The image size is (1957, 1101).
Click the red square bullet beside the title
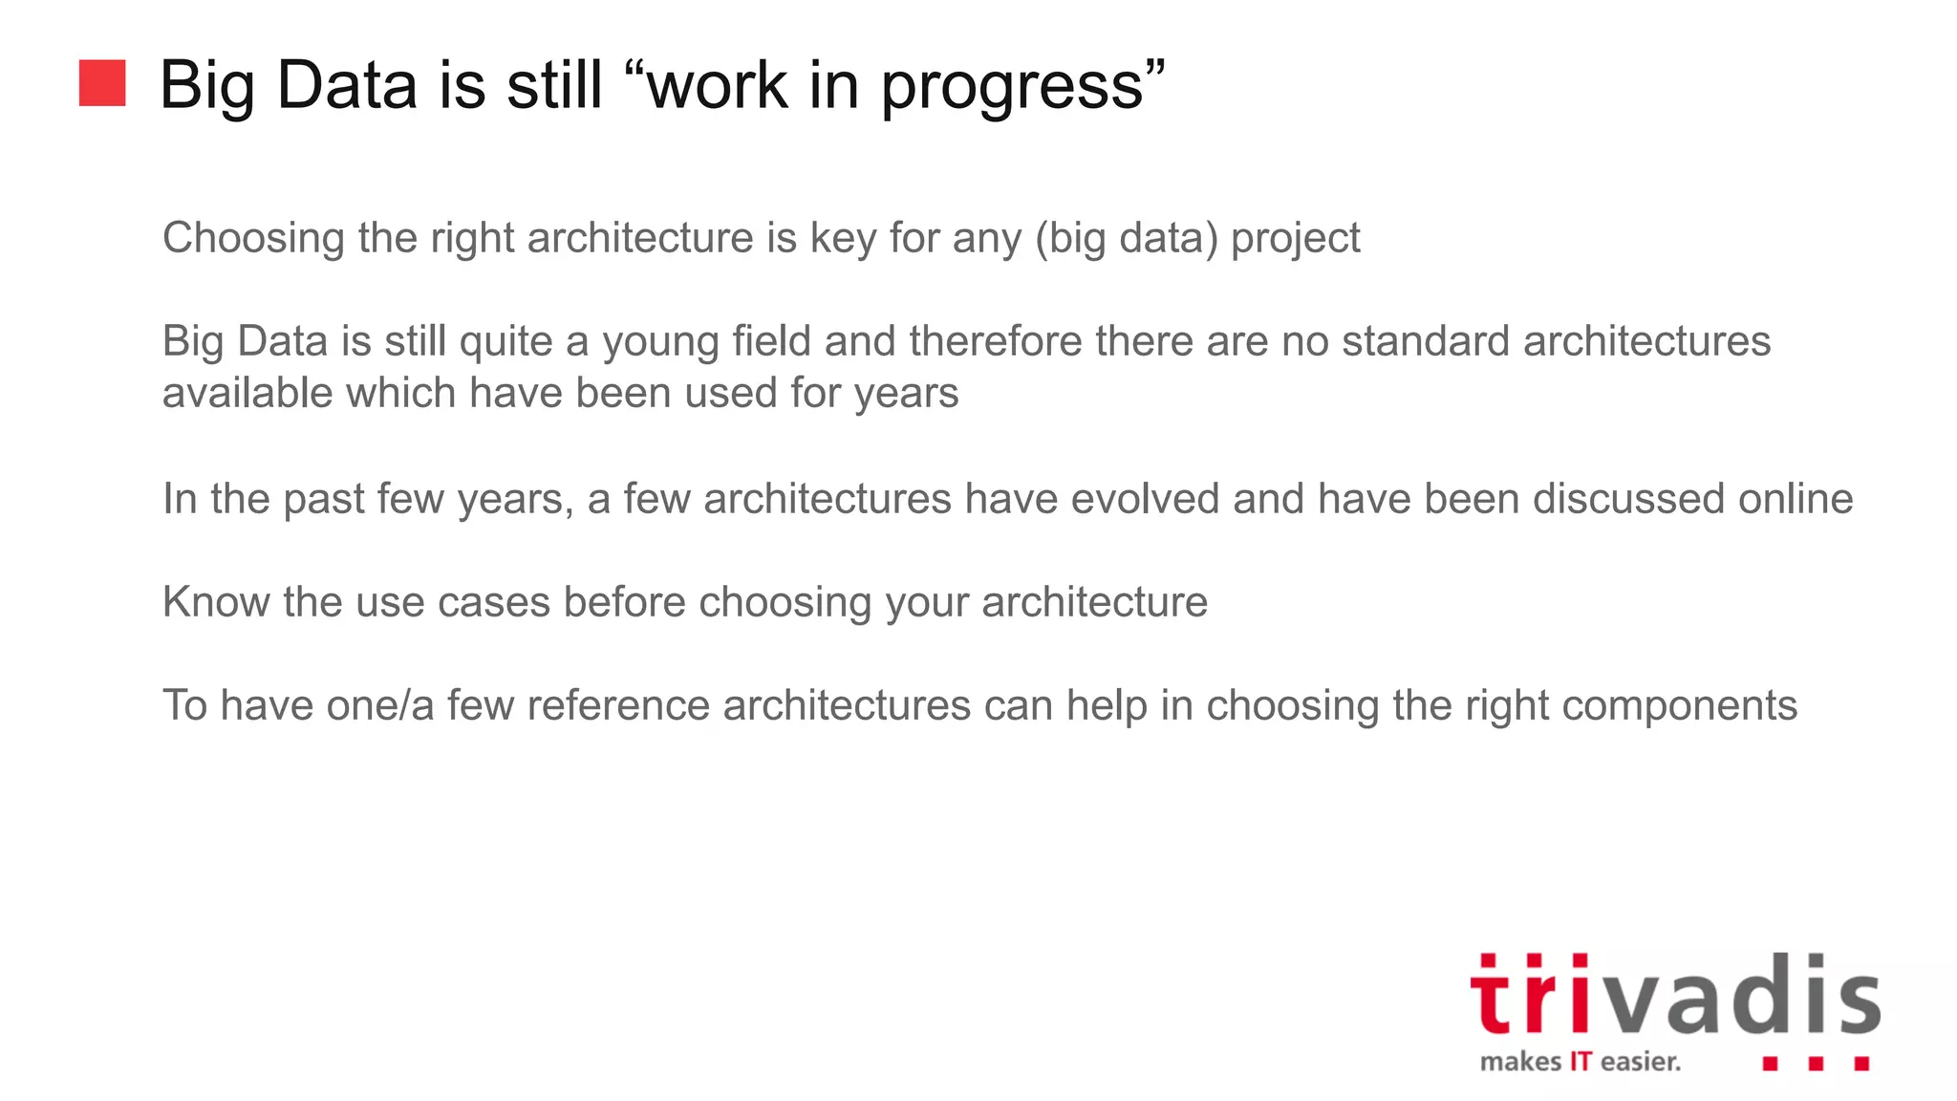102,83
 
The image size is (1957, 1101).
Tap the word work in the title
718,85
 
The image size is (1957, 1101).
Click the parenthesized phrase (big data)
1127,239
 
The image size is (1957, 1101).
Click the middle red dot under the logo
1816,1064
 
